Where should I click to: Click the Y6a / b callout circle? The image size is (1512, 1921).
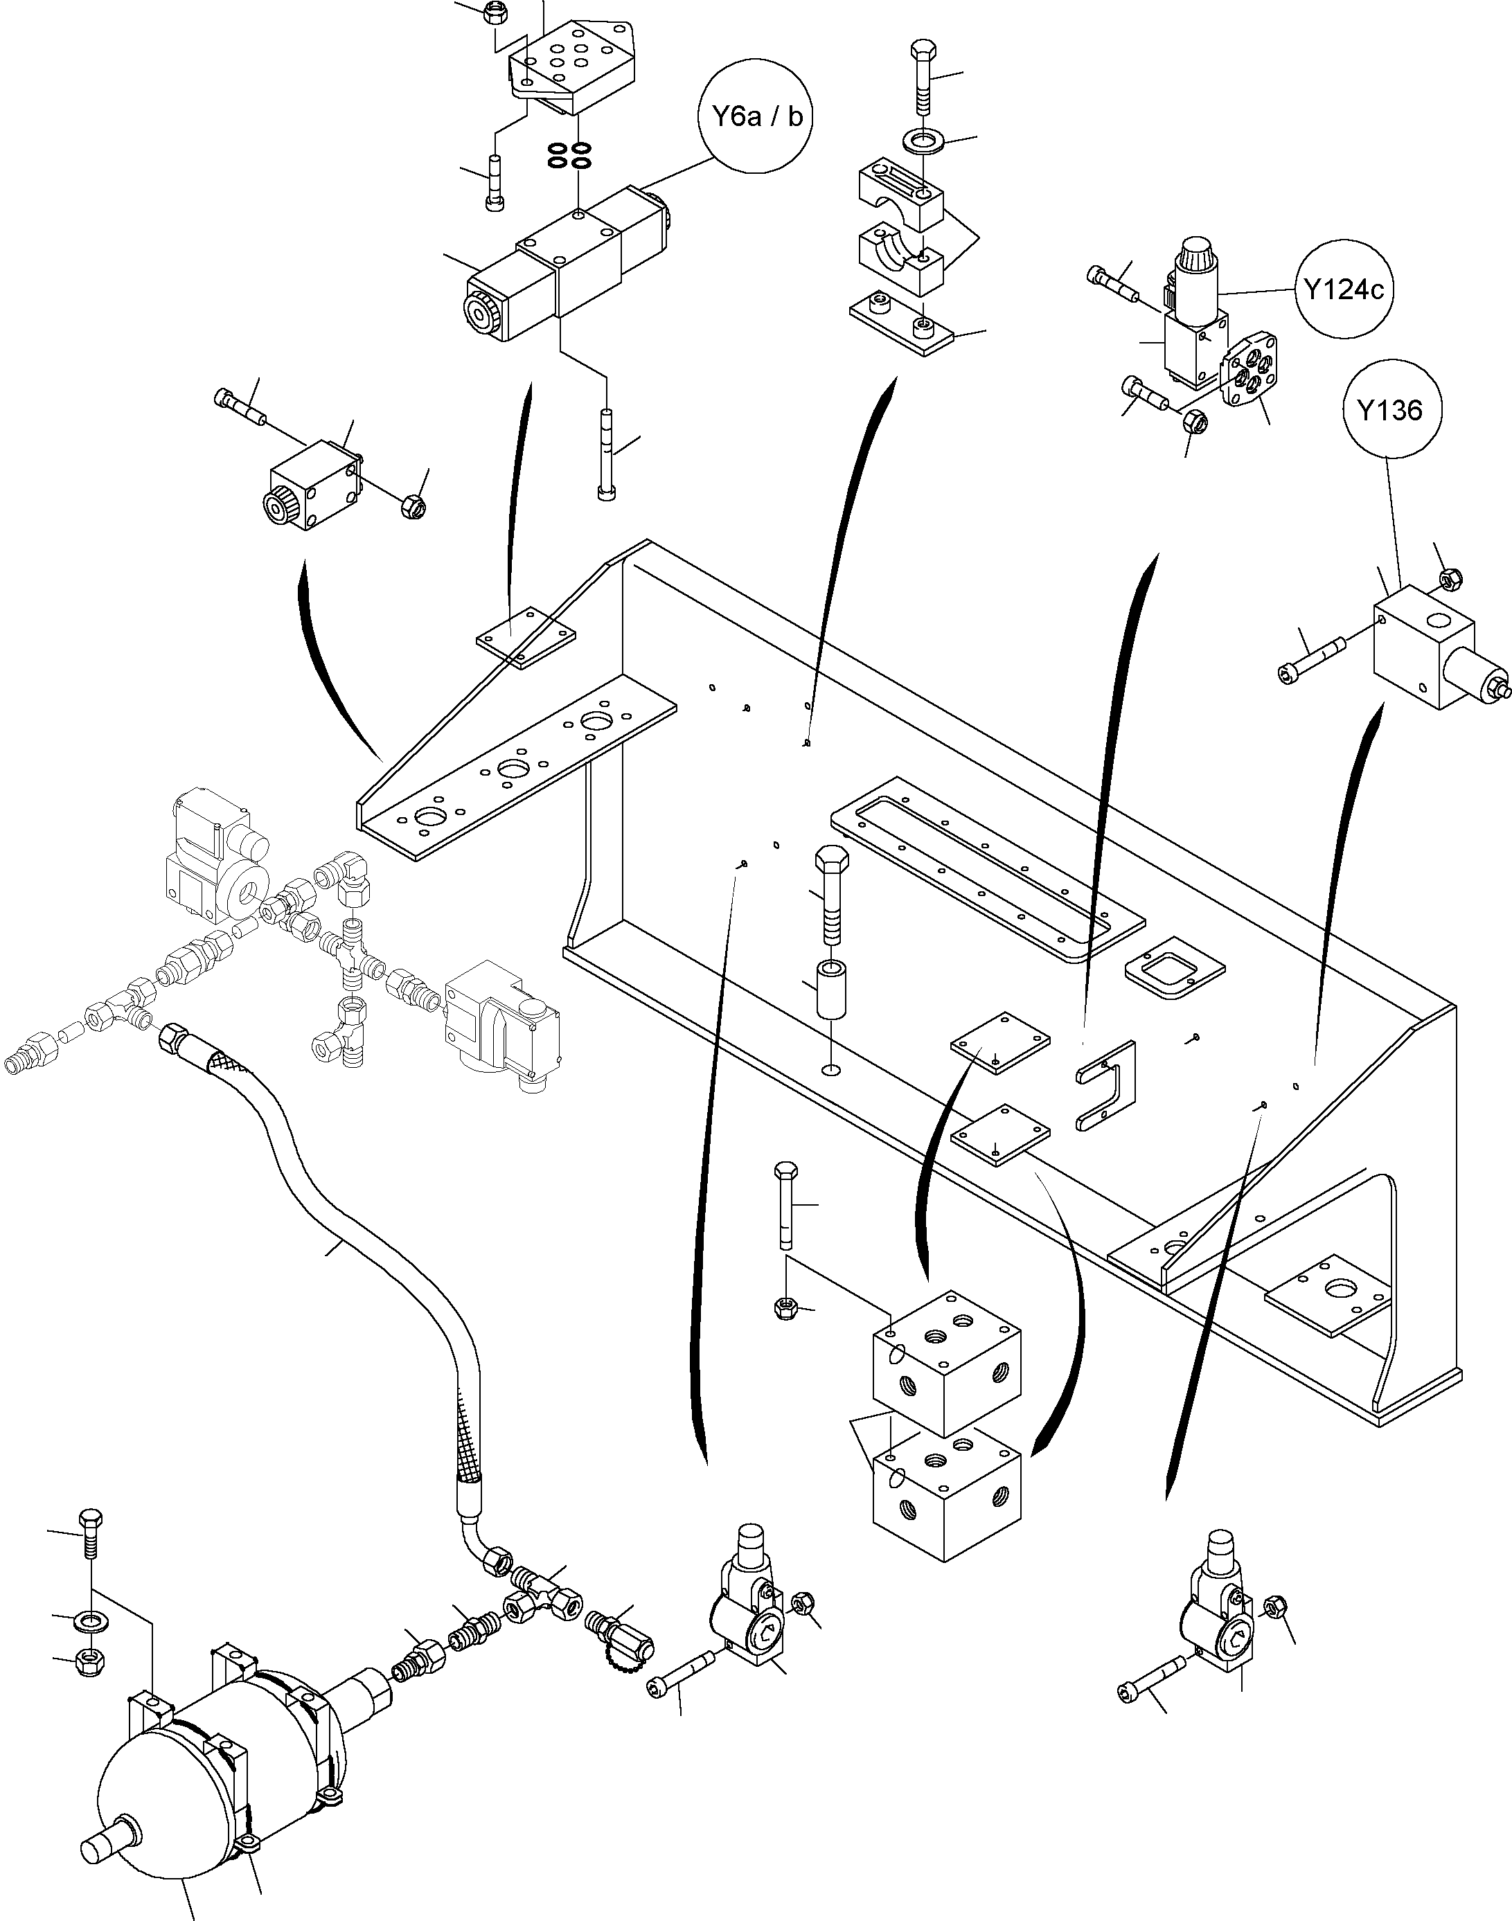tap(756, 117)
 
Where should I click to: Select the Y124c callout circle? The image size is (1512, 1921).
tap(1344, 289)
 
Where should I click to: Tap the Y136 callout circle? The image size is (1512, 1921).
tap(1390, 411)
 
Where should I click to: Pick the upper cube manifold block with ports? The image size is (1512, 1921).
tap(945, 1363)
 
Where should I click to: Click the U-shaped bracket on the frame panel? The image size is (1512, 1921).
tap(1107, 1086)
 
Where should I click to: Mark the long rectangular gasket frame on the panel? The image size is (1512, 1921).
tap(970, 867)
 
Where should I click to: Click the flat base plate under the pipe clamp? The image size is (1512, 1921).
tap(901, 323)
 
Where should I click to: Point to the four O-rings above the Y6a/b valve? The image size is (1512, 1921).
tap(569, 156)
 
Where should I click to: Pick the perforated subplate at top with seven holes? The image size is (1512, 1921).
tap(571, 71)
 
